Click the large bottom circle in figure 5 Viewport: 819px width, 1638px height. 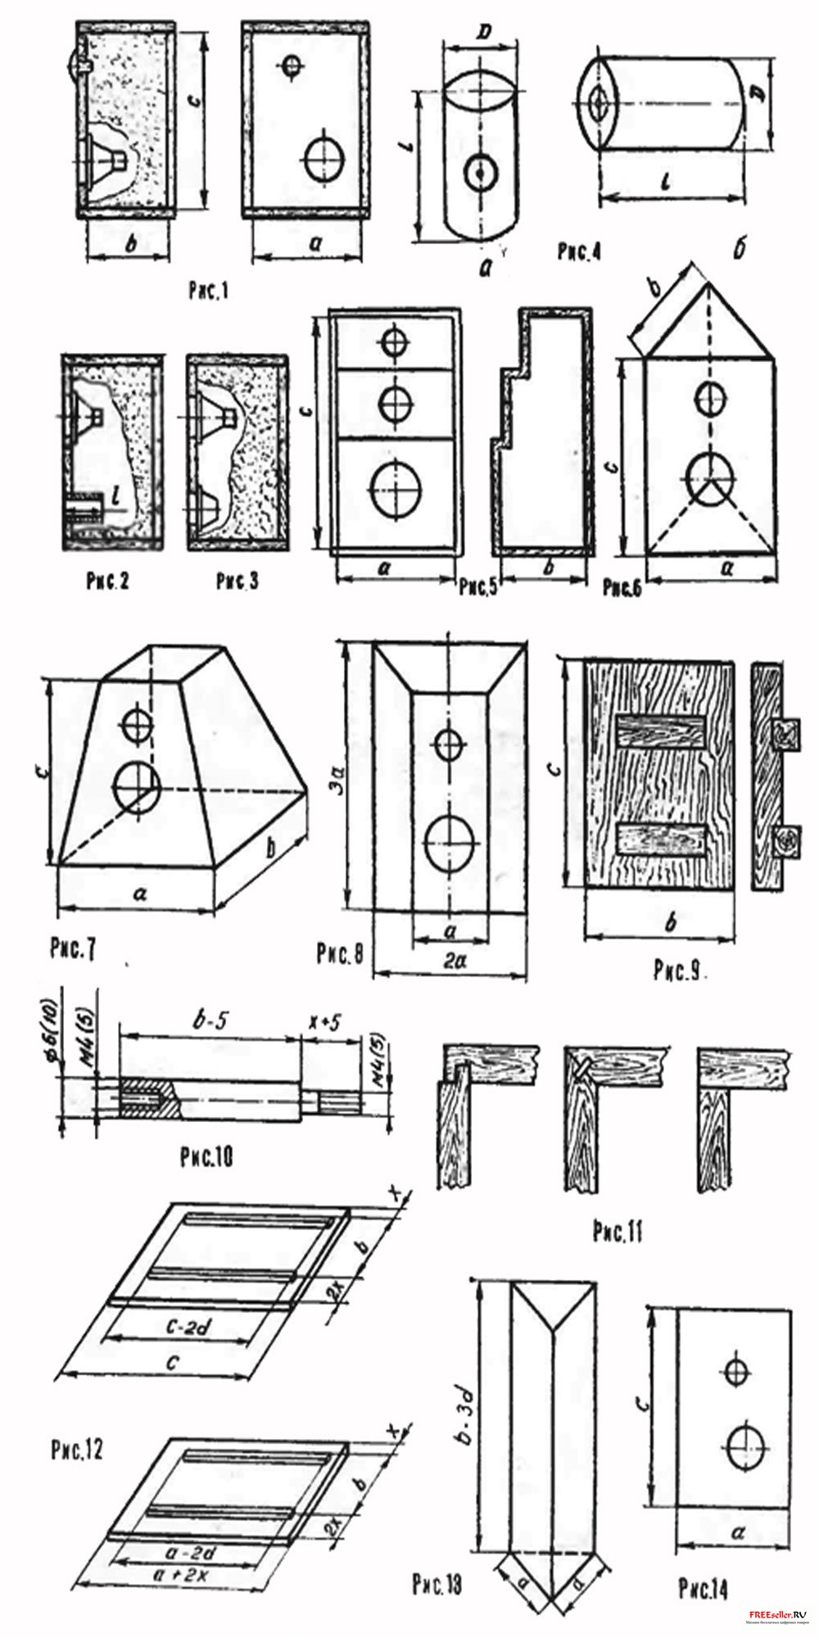396,490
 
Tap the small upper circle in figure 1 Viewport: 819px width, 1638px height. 291,67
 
